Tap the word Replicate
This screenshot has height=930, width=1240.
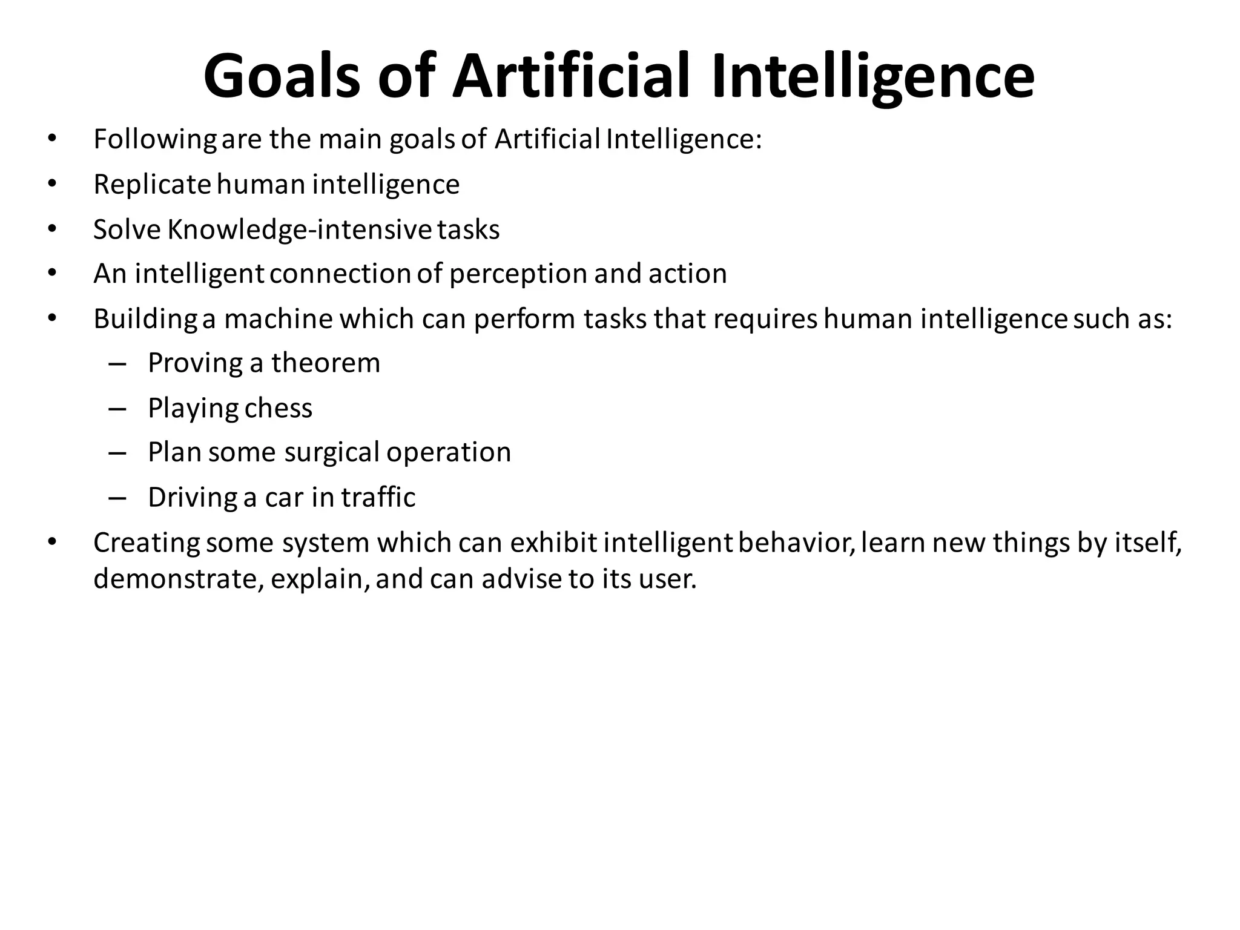(152, 184)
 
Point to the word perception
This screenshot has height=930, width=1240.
(518, 274)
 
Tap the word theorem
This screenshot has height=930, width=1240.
(326, 363)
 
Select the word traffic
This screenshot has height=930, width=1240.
(378, 497)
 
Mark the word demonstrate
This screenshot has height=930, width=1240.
(179, 579)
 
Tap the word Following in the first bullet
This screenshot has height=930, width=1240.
(155, 140)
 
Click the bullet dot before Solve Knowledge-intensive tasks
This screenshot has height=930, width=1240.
(52, 229)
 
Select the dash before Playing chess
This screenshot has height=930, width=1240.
(117, 409)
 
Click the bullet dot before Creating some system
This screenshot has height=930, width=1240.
(52, 542)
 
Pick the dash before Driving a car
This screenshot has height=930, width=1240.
(117, 498)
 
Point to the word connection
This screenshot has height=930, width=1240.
(340, 274)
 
